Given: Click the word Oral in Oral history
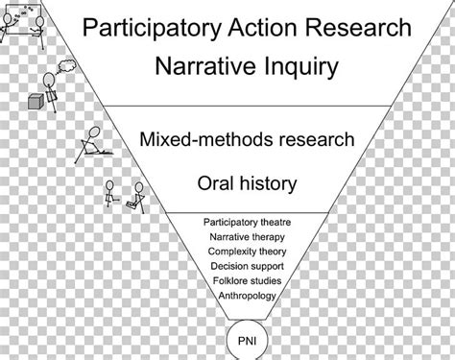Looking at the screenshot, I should click(x=216, y=181).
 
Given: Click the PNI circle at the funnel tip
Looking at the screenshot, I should click(x=247, y=337).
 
